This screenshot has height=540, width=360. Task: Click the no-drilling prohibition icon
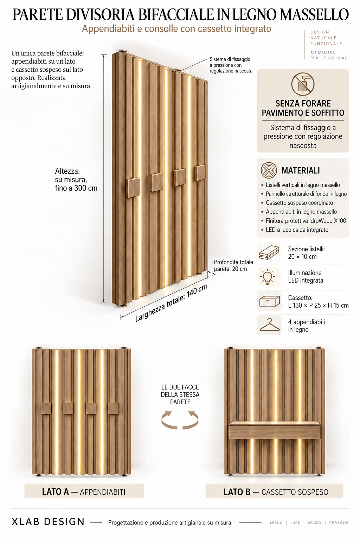tap(303, 84)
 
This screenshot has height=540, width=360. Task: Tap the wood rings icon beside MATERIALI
tap(269, 170)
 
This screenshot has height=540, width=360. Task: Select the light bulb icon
tap(268, 277)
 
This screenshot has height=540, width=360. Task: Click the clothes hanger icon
tap(269, 325)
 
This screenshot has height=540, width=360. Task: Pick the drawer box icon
tap(269, 301)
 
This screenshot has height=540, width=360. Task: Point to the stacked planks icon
tap(269, 252)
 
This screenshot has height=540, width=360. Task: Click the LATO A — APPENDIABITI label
tap(84, 492)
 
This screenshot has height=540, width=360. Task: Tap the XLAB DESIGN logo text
tap(48, 522)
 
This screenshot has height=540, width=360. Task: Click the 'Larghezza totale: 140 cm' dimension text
tap(171, 303)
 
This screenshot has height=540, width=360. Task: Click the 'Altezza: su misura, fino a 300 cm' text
tap(76, 180)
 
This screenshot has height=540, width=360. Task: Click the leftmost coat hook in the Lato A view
tap(46, 409)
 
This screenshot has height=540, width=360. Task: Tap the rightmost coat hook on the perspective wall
tap(200, 173)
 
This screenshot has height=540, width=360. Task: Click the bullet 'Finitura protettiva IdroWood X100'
tap(306, 220)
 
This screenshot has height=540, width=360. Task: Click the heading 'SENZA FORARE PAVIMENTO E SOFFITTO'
tap(303, 108)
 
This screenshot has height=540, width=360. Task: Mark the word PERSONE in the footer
tap(339, 523)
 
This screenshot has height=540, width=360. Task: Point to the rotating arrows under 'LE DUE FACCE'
tap(180, 420)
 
